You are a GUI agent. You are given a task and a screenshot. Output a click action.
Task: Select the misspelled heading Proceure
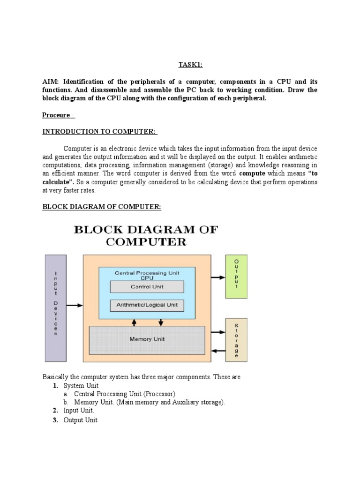coord(57,115)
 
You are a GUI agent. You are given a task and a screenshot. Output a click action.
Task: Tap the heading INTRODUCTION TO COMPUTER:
coord(100,132)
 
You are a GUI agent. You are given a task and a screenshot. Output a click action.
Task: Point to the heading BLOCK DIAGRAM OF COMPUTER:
coord(102,207)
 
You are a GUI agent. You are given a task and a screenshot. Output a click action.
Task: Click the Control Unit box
coord(147,286)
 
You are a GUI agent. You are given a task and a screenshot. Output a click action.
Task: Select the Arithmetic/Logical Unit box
coord(147,305)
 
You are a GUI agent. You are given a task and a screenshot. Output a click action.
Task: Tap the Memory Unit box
coord(147,339)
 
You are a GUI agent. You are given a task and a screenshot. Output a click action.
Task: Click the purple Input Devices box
coord(56,309)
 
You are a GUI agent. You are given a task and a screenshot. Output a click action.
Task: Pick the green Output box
coord(236,277)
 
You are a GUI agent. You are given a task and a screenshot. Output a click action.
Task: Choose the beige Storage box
coord(236,340)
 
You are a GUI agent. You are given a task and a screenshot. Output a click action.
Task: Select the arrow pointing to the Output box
coord(218,277)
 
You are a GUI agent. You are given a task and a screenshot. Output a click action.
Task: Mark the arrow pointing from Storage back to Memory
coord(218,351)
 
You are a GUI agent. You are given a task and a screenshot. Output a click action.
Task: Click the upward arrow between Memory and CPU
coord(135,322)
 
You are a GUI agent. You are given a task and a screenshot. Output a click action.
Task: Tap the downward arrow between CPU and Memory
coord(161,322)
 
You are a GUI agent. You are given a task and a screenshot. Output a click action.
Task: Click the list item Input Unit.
coord(79,411)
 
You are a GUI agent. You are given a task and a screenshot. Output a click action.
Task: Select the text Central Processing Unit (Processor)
coord(125,394)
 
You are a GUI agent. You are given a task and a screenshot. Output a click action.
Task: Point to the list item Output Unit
coord(81,420)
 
